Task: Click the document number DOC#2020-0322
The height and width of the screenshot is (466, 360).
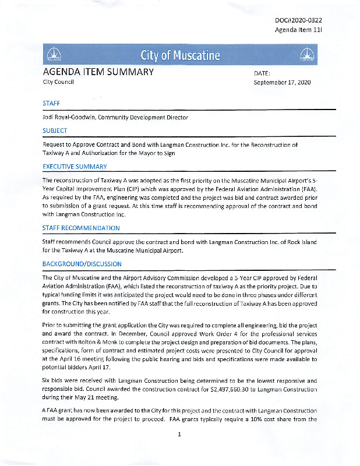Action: (x=298, y=20)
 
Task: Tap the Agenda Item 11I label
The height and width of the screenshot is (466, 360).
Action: (x=298, y=30)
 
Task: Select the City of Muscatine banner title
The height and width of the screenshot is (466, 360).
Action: (x=180, y=56)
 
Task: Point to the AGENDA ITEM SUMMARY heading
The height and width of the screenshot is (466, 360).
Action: (x=98, y=72)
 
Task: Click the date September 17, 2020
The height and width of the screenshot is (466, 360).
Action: (x=282, y=83)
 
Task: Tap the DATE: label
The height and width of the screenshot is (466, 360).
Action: (x=263, y=73)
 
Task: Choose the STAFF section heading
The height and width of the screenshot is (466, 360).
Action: (x=51, y=103)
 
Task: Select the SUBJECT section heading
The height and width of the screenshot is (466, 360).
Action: (x=55, y=130)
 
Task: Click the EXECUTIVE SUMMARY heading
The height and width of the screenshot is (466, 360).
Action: (x=75, y=167)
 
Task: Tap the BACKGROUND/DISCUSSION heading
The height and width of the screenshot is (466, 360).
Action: (x=84, y=264)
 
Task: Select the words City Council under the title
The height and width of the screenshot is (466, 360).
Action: (x=58, y=83)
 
